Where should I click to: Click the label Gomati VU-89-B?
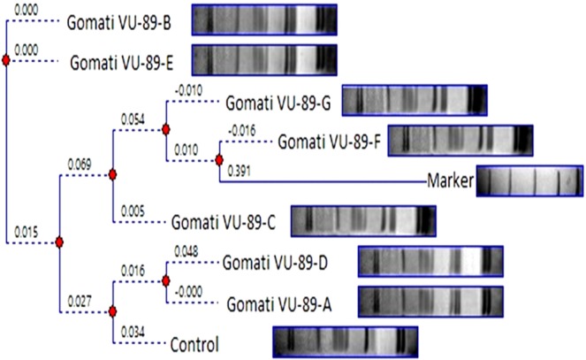click(124, 20)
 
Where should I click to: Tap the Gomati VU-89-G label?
click(278, 102)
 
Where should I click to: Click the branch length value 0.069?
click(79, 164)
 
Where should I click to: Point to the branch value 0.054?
click(131, 119)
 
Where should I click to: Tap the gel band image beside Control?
click(344, 341)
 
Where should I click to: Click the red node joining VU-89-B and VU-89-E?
click(6, 60)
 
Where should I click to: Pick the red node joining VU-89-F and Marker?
click(218, 160)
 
